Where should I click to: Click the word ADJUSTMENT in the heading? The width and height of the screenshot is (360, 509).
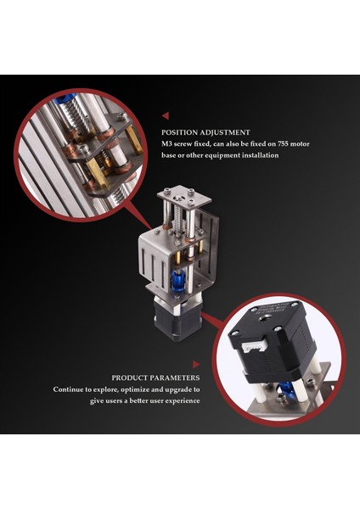pyautogui.click(x=224, y=132)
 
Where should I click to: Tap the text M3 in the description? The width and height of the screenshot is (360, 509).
pyautogui.click(x=167, y=144)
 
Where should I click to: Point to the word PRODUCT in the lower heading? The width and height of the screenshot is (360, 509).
pyautogui.click(x=131, y=378)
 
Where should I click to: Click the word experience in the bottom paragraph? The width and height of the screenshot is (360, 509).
pyautogui.click(x=179, y=400)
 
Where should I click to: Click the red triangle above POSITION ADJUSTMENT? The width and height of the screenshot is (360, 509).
pyautogui.click(x=165, y=115)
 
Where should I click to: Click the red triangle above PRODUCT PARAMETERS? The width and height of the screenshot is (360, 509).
pyautogui.click(x=196, y=361)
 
